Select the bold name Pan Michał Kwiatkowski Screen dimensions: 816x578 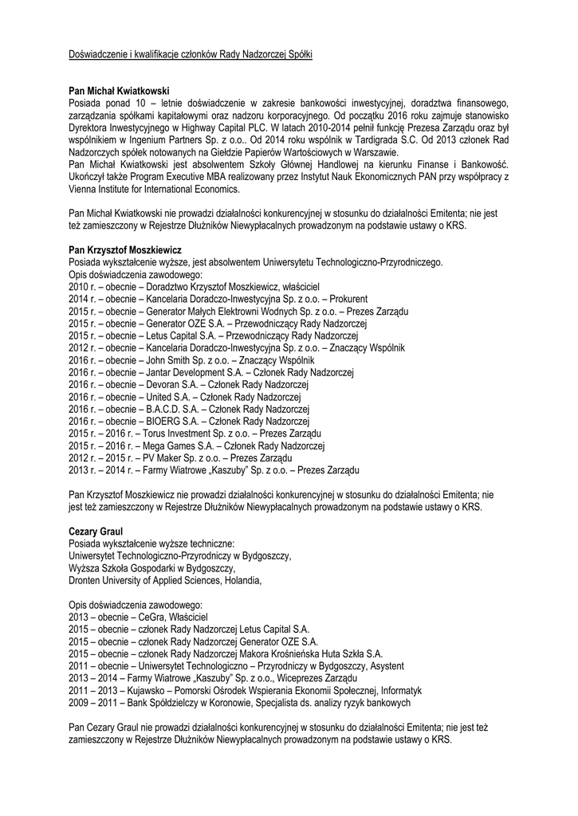[x=120, y=92]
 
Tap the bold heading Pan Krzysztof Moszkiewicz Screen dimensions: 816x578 [x=126, y=249]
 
